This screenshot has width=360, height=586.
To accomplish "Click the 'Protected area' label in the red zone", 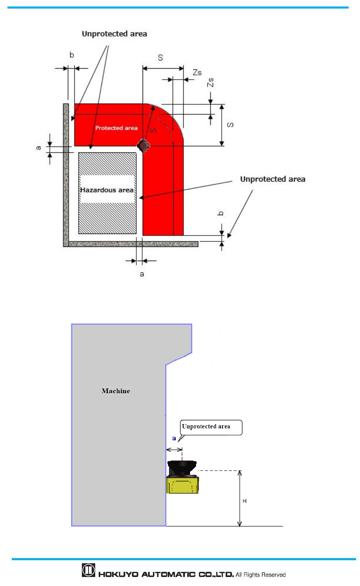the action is click(x=116, y=128).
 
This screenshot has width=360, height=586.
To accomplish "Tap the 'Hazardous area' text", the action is click(x=107, y=190).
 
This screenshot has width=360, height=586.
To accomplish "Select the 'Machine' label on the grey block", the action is click(x=116, y=391).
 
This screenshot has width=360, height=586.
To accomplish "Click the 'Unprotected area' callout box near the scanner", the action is click(x=211, y=427).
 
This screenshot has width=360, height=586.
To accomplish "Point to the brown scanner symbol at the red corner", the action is click(x=143, y=146).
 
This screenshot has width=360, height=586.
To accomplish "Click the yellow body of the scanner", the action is click(x=183, y=485).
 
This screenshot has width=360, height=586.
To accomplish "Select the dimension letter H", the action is click(x=244, y=501).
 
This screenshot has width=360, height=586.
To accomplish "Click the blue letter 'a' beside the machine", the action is click(x=174, y=438).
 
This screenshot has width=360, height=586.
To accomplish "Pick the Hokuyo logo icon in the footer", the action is click(x=89, y=570).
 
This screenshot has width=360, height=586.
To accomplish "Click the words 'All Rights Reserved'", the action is click(x=261, y=575).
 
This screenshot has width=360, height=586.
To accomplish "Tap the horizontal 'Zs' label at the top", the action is click(x=197, y=73).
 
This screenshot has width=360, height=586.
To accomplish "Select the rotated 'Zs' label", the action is click(x=211, y=82).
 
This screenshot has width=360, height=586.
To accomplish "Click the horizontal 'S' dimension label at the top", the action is click(x=160, y=58).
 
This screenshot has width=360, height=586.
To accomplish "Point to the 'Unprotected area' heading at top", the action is click(x=114, y=34).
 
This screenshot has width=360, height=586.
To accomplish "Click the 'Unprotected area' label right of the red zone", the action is click(x=273, y=179).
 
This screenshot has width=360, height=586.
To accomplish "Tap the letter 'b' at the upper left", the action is click(x=72, y=55).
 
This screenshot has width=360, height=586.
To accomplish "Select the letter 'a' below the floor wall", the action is click(x=142, y=274).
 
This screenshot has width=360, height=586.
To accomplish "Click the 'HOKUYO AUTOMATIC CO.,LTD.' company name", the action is click(x=166, y=575).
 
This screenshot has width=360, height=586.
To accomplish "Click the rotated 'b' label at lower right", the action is click(x=221, y=214).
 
